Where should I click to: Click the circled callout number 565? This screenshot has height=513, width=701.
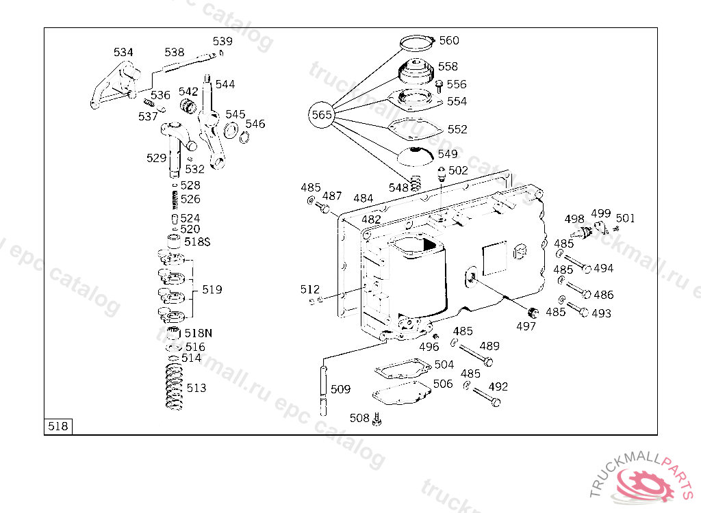coord(322,115)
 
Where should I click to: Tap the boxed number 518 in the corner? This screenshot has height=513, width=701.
coord(58,426)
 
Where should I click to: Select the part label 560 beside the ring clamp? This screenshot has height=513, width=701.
coord(449,40)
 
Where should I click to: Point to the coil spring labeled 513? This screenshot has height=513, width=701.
coord(174,387)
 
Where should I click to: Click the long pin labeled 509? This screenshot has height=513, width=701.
coord(324,391)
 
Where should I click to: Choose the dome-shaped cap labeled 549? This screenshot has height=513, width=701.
coord(416,156)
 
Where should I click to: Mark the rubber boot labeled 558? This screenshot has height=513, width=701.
coord(416,70)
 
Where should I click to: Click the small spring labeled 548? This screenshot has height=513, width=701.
coord(416,183)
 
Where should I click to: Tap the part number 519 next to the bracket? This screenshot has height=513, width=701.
coord(212,289)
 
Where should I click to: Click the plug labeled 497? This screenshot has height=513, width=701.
coord(533,313)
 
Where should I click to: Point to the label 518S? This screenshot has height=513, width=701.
coord(197,241)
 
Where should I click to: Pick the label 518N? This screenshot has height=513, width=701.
coord(198,333)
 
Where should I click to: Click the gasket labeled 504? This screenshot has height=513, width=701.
coord(403,369)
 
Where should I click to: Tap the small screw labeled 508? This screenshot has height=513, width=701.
coord(377,419)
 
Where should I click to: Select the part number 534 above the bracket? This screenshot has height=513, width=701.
coord(123,52)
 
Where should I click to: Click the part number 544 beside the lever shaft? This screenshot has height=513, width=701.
coord(225,84)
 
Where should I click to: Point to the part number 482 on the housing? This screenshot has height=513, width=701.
coord(371,220)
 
